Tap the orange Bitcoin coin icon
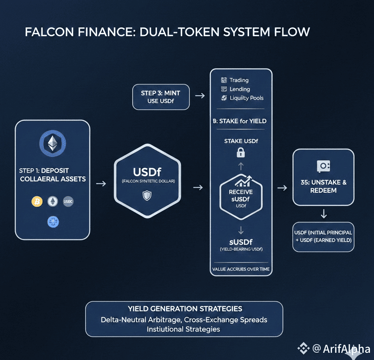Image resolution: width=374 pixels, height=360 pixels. [x=37, y=202]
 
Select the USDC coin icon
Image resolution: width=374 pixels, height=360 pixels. [x=68, y=202]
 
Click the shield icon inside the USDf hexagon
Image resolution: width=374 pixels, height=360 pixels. [x=147, y=195]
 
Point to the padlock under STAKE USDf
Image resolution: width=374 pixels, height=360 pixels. [x=240, y=153]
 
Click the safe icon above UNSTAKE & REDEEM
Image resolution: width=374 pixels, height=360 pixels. [x=323, y=166]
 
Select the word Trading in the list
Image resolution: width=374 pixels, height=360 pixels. [x=239, y=80]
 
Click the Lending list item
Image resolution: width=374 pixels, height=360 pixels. [x=240, y=89]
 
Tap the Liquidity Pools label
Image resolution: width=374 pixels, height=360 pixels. [x=246, y=98]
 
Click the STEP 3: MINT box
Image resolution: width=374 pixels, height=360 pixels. [x=160, y=97]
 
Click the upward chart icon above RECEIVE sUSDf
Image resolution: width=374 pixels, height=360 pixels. [x=241, y=182]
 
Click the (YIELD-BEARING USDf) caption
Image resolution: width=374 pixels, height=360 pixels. [x=241, y=249]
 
